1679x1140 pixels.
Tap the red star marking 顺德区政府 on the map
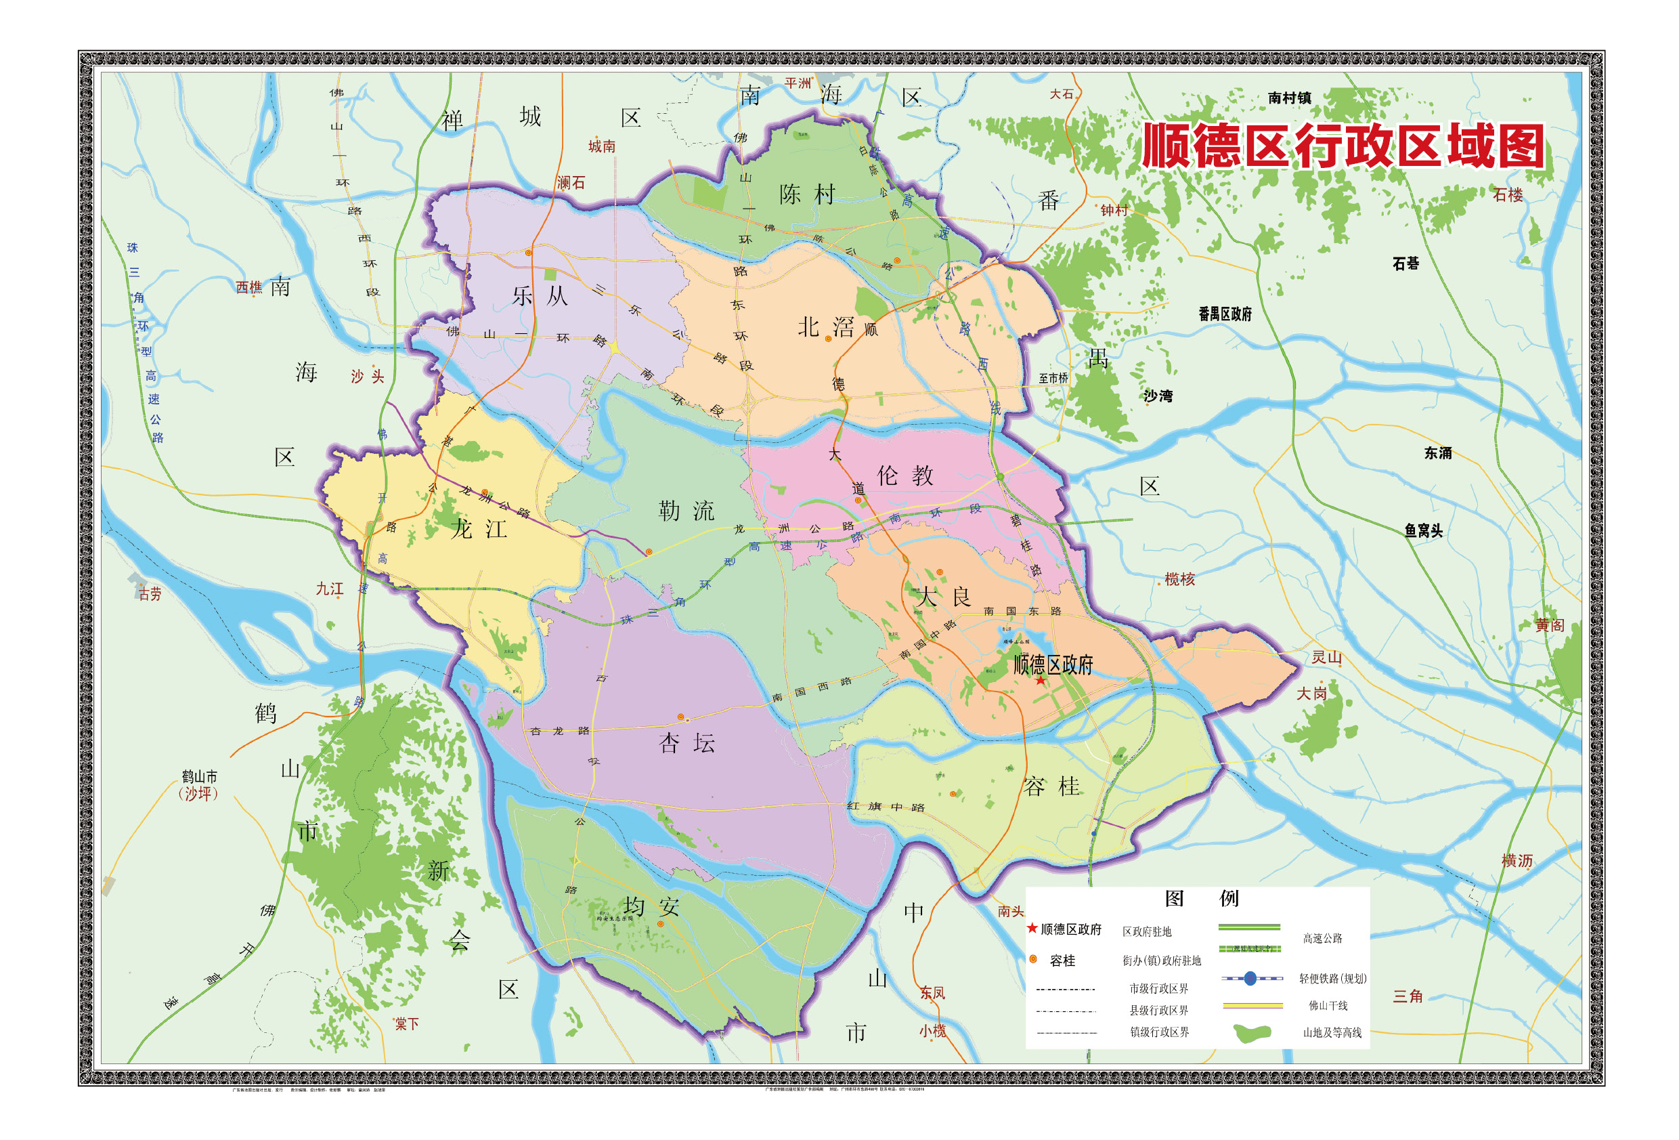[1041, 680]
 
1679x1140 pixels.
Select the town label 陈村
[807, 194]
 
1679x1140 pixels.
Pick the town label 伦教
[905, 475]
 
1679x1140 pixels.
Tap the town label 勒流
[686, 510]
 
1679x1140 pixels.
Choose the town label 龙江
[479, 528]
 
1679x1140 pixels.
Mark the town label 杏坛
[686, 743]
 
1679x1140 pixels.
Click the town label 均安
[652, 906]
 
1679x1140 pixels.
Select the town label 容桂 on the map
[1051, 786]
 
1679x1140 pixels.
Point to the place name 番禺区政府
[1225, 314]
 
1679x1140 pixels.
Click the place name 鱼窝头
[1423, 530]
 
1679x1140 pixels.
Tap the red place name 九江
[330, 589]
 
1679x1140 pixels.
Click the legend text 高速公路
[1322, 938]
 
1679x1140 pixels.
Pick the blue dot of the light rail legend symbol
[1250, 979]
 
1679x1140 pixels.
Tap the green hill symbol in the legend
[1252, 1033]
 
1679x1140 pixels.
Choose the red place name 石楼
[1507, 194]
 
